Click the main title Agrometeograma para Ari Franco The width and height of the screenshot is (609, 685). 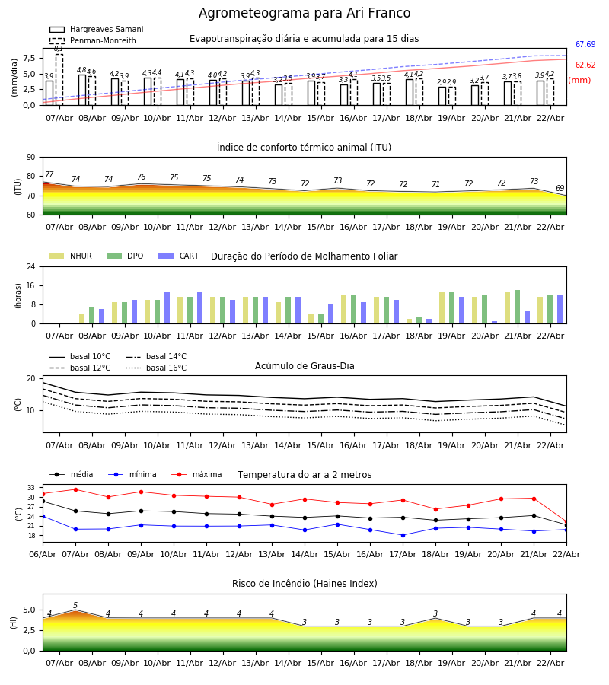[304, 14]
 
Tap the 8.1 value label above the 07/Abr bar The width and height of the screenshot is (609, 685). [59, 49]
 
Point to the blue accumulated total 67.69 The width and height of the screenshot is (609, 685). [585, 45]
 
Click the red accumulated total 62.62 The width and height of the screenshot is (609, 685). [585, 65]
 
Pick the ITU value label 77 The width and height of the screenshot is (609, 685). [49, 175]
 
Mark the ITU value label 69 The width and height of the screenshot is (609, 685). [560, 189]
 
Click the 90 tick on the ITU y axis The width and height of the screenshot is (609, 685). [30, 158]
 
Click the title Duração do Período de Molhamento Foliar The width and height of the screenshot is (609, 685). [304, 256]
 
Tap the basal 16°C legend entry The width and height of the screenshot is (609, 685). [166, 368]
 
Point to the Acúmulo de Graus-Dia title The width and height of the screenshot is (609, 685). [304, 366]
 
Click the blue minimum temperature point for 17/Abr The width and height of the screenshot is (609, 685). [403, 535]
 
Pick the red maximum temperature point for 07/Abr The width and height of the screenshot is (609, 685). [75, 489]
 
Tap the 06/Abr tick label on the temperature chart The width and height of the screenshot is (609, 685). [43, 554]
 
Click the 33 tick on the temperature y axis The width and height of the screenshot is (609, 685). [31, 488]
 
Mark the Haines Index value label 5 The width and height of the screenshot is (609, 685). [75, 606]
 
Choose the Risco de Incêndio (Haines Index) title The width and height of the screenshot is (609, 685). [304, 584]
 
